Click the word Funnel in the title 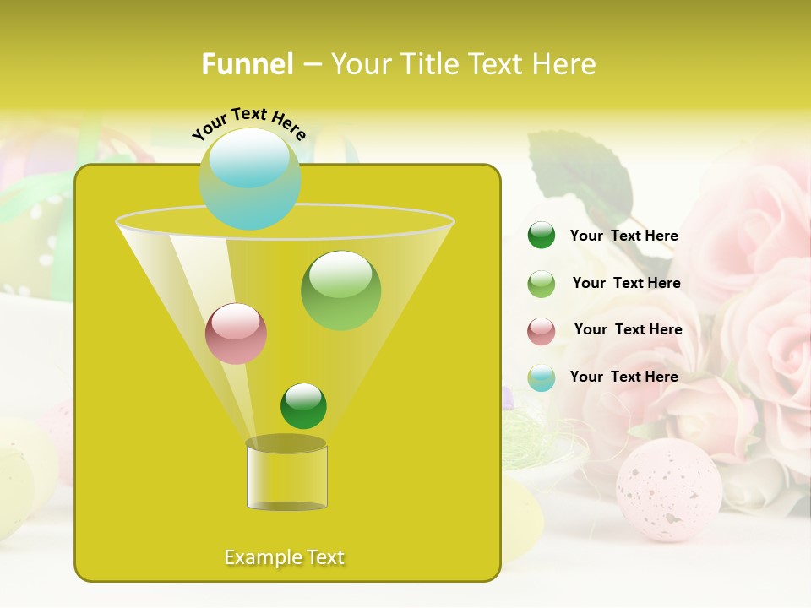247,63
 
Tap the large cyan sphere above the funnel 250,178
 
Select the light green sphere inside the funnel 340,290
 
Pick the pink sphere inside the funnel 237,334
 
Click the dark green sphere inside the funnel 303,406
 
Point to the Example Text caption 285,556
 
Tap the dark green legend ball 542,236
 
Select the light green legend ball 542,284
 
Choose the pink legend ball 542,331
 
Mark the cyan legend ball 542,377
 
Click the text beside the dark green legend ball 623,236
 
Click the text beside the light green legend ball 626,283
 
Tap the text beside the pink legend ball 628,329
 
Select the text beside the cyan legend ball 623,377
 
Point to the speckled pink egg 668,490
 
